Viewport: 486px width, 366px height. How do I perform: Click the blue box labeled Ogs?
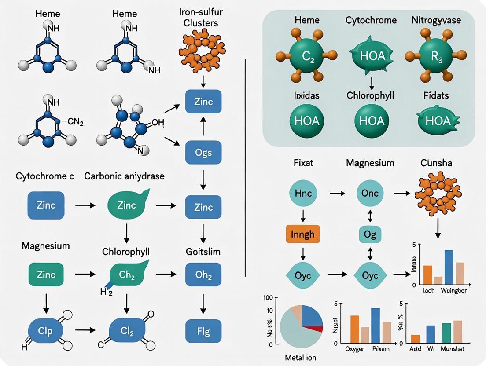pos(203,153)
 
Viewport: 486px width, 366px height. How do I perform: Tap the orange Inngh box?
pos(303,234)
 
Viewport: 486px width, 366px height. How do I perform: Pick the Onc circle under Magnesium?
pos(370,194)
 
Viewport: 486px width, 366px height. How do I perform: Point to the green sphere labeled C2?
pos(306,56)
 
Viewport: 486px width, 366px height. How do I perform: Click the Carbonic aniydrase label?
pos(125,176)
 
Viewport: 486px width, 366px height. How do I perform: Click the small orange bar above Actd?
pos(415,339)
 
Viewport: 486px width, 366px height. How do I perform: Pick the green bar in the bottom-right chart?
pos(446,333)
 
